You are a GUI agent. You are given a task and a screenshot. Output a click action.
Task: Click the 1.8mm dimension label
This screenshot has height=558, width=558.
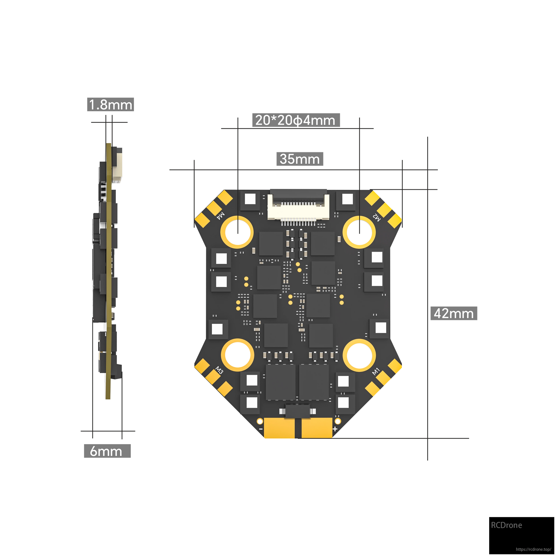[x=111, y=105]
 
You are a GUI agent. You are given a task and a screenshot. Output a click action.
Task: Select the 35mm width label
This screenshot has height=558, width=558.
[x=300, y=159]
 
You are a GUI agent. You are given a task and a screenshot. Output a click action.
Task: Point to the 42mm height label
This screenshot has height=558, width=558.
[x=454, y=313]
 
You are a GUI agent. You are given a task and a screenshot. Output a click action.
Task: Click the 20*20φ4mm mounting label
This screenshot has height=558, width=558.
[x=296, y=120]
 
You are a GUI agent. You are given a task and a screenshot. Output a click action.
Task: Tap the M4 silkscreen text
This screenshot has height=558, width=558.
[x=221, y=215]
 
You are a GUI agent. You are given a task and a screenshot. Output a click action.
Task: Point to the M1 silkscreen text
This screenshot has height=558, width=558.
[x=376, y=371]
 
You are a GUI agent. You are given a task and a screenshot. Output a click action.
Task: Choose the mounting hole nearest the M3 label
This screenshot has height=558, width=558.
[x=237, y=355]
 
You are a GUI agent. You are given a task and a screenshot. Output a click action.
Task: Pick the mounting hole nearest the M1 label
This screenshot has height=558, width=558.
[x=359, y=355]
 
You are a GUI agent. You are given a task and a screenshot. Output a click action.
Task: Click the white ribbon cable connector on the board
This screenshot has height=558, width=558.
[x=298, y=206]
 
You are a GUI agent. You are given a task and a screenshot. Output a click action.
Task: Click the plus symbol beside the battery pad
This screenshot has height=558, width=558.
[x=335, y=429]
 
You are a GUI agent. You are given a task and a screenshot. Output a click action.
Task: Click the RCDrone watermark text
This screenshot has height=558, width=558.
[x=507, y=525]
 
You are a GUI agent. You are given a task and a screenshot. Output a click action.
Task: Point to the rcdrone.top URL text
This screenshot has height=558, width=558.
[x=533, y=549]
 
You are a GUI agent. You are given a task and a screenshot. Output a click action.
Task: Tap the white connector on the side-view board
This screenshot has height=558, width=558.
[x=117, y=174]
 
